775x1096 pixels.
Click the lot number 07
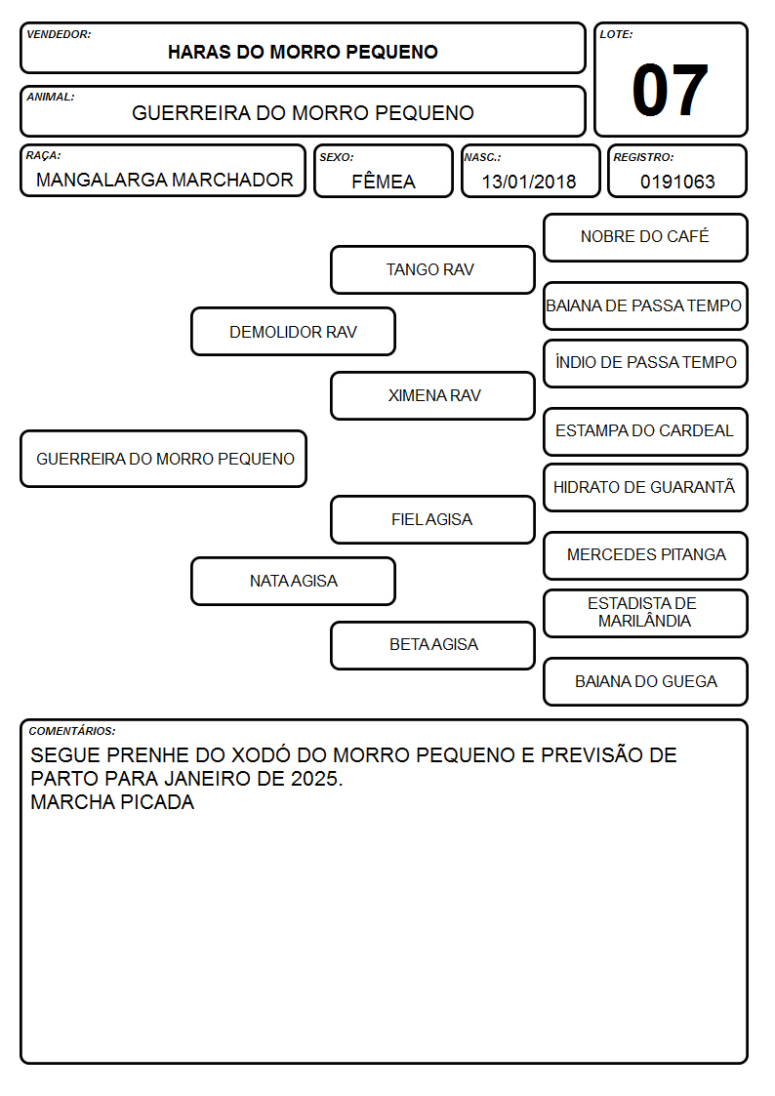point(670,90)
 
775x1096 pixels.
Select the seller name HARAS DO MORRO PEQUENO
point(303,52)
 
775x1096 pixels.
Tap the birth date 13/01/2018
point(529,182)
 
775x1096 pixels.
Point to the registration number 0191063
point(677,182)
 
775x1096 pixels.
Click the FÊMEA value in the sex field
point(383,182)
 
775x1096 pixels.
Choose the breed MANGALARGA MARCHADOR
point(164,180)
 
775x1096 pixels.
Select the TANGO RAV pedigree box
point(432,269)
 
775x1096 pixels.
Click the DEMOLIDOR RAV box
point(294,332)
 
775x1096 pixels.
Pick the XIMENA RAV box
point(432,395)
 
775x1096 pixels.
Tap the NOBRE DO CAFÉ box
point(646,238)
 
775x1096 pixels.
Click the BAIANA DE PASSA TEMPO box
point(646,306)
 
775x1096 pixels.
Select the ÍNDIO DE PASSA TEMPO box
point(646,363)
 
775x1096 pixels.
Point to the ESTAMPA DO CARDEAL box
point(646,431)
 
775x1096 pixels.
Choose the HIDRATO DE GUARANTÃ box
point(646,488)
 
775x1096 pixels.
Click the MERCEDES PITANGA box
point(646,555)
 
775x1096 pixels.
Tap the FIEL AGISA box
point(432,520)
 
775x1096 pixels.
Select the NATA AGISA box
point(294,582)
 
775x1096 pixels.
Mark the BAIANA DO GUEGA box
point(646,681)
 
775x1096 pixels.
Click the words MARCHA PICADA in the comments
point(112,801)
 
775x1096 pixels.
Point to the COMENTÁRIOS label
point(72,731)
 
